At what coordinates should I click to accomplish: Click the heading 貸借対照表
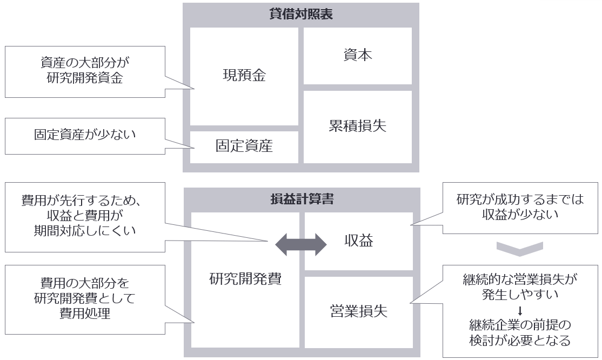[x=300, y=14]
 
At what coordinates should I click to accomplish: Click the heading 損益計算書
[x=301, y=199]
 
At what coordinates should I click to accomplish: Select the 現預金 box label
[x=244, y=75]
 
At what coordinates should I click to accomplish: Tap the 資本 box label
[x=358, y=55]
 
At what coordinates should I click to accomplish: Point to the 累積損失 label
[x=358, y=126]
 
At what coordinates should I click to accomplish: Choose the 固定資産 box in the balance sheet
[x=244, y=145]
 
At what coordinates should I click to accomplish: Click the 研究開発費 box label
[x=245, y=279]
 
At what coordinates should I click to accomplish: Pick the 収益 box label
[x=358, y=241]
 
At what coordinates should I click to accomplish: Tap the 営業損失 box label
[x=358, y=311]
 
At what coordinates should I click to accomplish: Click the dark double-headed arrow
[x=301, y=245]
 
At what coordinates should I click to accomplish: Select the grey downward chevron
[x=519, y=248]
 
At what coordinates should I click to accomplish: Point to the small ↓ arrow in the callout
[x=520, y=311]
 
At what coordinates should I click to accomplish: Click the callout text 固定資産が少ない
[x=85, y=135]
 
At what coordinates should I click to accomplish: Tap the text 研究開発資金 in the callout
[x=85, y=78]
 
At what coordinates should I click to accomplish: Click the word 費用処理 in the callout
[x=85, y=313]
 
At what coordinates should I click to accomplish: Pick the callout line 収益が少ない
[x=520, y=215]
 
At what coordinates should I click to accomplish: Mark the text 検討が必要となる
[x=520, y=341]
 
